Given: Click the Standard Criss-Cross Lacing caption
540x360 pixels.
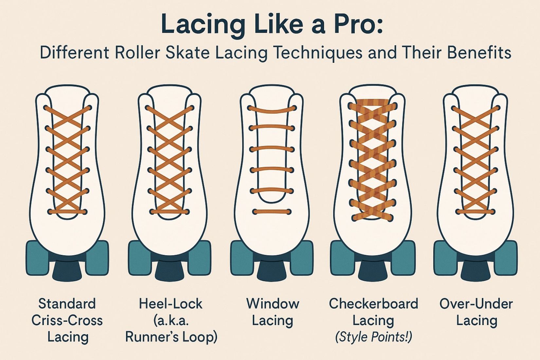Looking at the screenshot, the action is (x=67, y=320).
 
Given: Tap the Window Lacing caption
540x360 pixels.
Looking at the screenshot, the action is (x=272, y=312).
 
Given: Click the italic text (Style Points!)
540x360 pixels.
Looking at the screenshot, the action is (x=373, y=337).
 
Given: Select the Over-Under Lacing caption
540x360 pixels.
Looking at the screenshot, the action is (x=476, y=312).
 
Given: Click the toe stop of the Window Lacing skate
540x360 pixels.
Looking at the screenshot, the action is (x=272, y=270).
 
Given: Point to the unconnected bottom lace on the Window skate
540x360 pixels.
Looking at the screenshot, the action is (x=272, y=212).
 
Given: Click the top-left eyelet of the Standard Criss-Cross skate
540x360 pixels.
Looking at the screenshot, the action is (x=46, y=108).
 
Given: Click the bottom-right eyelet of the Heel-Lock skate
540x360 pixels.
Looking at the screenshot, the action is (x=187, y=212).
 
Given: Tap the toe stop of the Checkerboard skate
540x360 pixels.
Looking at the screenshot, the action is (x=373, y=270).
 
